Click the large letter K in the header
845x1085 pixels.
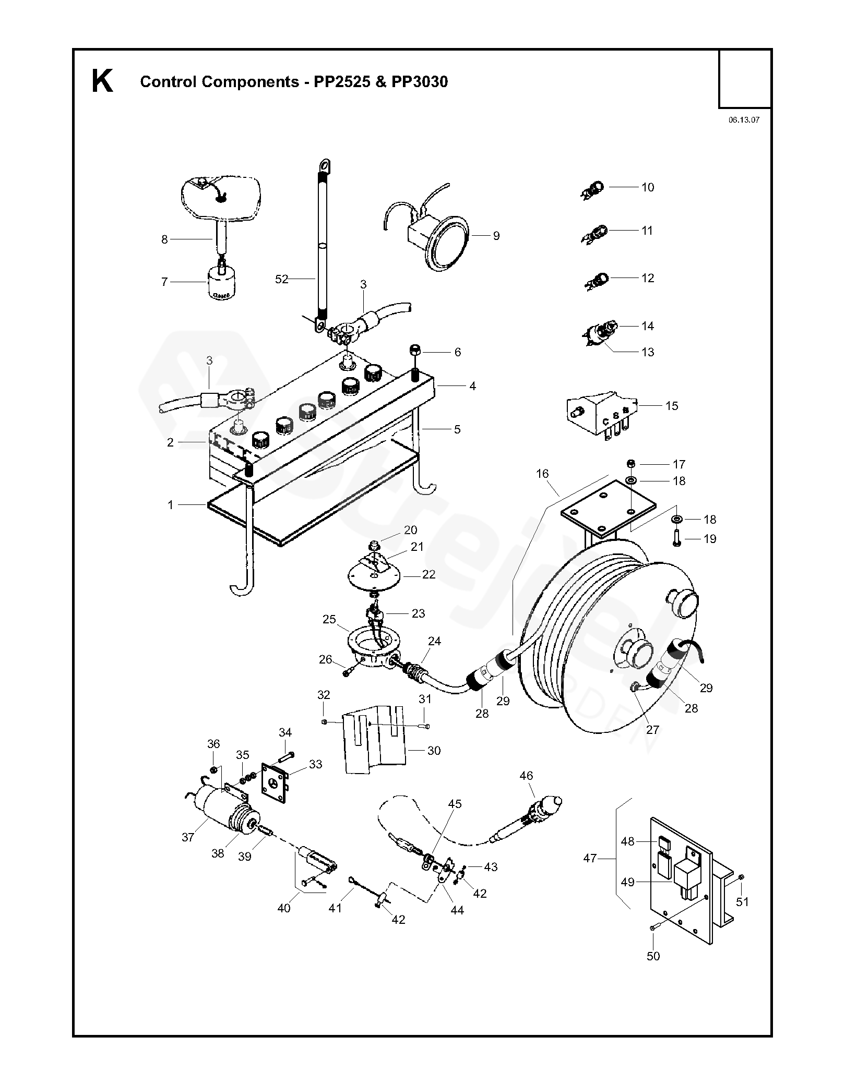tap(102, 81)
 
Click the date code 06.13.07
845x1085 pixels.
tap(744, 119)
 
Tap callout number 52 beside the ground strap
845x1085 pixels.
tap(281, 280)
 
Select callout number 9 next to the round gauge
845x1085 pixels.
tap(496, 236)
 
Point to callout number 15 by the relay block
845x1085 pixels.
tap(672, 405)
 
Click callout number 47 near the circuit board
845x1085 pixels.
tap(589, 858)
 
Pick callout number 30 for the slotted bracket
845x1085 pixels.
tap(434, 751)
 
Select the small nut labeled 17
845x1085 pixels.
tap(630, 464)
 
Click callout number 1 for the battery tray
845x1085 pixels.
tap(170, 504)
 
